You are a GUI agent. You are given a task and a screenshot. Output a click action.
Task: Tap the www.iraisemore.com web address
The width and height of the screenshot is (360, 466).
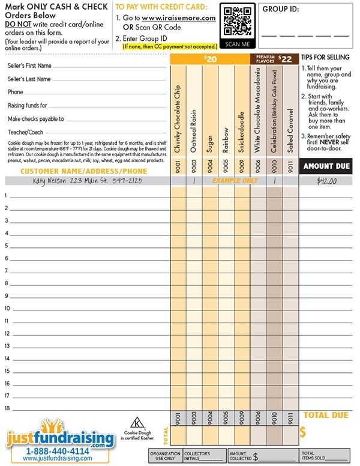tap(179, 19)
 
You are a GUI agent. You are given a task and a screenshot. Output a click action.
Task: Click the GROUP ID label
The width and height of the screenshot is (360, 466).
tap(280, 10)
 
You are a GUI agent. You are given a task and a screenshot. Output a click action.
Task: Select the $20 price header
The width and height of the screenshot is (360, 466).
tap(209, 59)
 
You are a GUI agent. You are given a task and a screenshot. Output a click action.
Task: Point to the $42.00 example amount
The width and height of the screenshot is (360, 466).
tap(326, 181)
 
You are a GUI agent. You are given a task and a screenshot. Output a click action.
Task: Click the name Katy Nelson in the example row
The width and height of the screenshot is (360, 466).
tap(50, 180)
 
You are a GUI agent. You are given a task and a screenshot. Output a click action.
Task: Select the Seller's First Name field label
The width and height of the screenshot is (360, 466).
tap(29, 65)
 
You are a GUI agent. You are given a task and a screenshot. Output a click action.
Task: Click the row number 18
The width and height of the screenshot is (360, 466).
tap(7, 408)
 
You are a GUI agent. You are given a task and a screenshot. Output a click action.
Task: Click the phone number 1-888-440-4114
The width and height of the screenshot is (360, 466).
tap(57, 450)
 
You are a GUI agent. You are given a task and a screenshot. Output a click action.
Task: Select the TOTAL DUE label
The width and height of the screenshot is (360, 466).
tap(326, 415)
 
